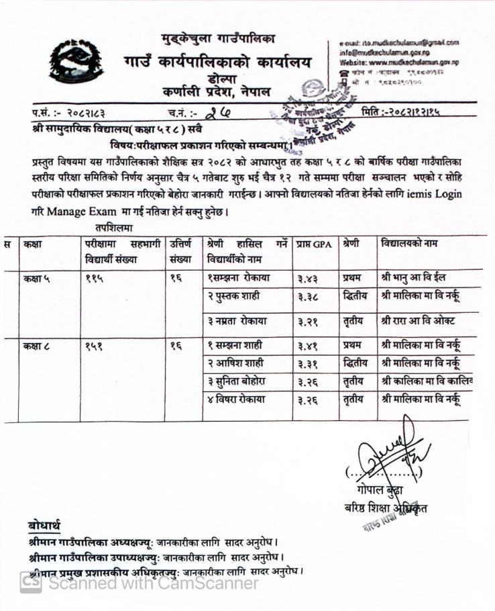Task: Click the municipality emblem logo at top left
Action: pos(75,61)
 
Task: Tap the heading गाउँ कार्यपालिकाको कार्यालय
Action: pos(217,63)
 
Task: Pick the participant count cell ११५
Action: pos(95,277)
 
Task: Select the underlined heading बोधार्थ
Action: pos(44,524)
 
